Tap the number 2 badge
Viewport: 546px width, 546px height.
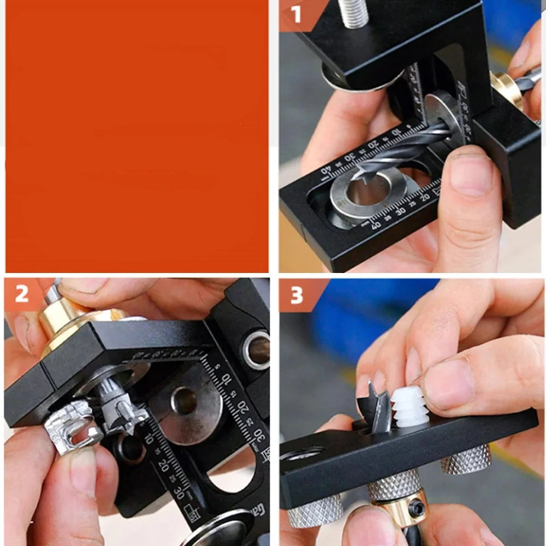coord(22,294)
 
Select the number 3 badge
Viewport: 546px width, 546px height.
coord(296,295)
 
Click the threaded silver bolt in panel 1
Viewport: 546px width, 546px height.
coord(353,13)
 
